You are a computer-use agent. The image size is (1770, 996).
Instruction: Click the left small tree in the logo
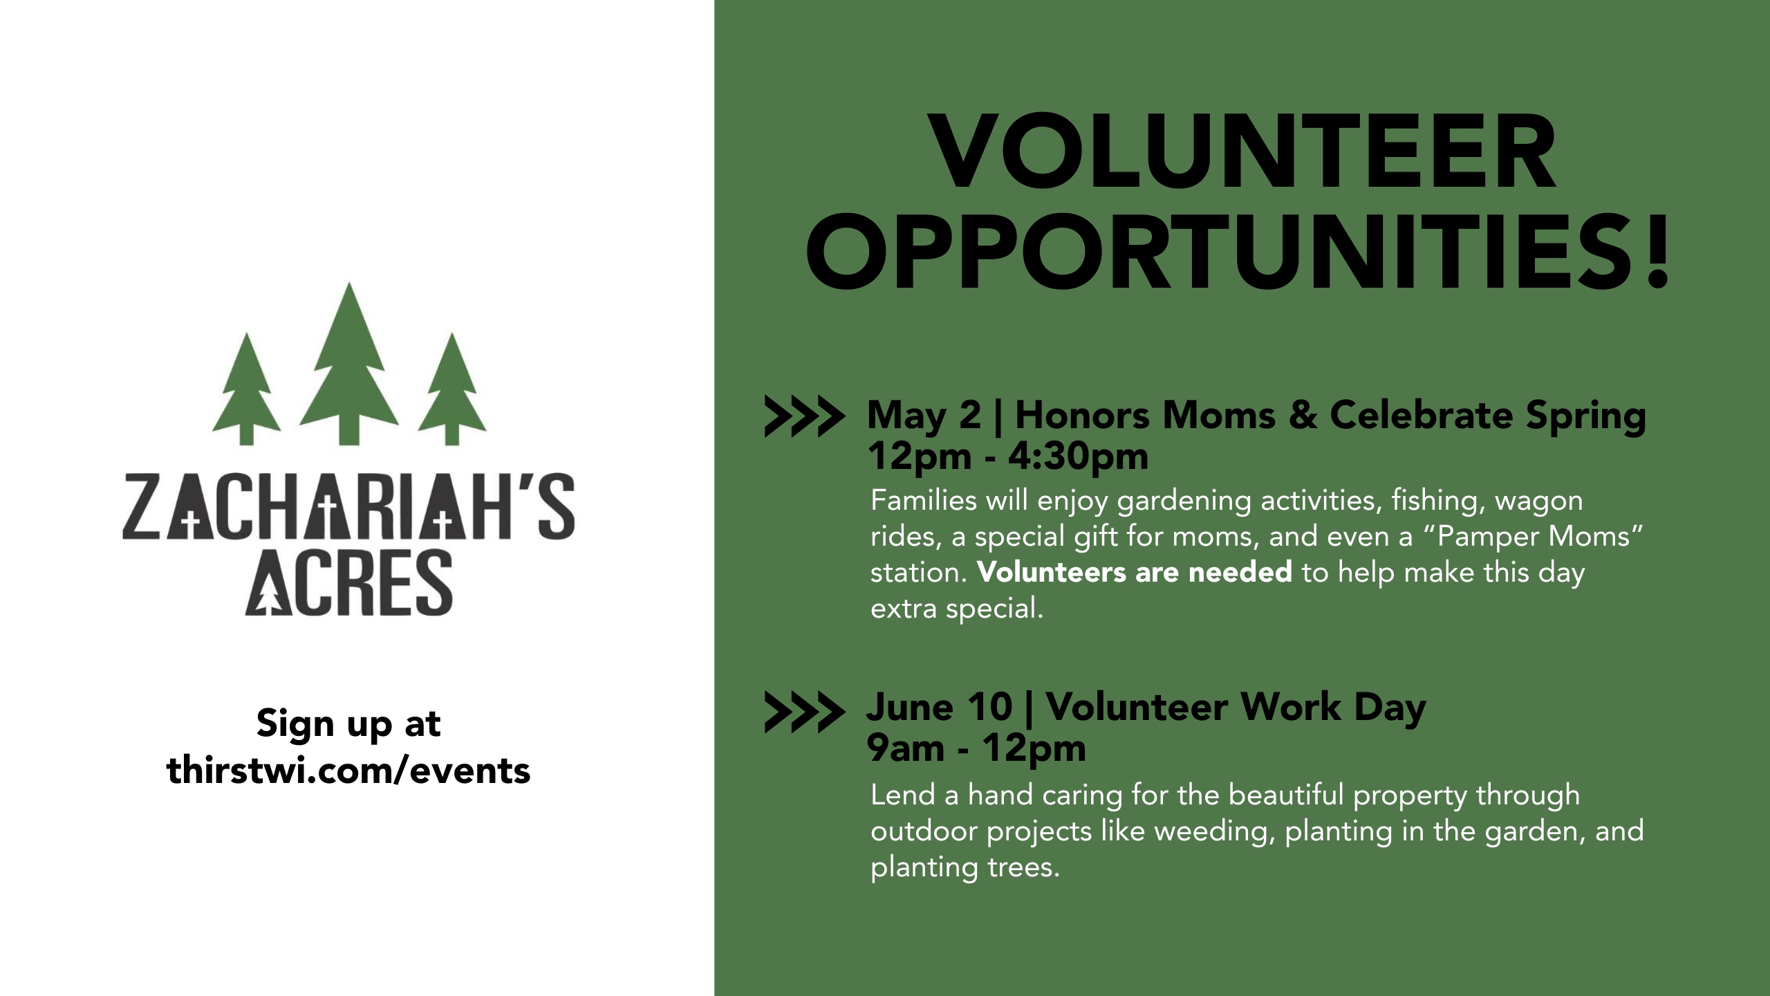tap(246, 391)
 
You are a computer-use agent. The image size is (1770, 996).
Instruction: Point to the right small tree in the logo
tap(452, 391)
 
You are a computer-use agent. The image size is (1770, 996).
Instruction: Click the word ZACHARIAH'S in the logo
tap(348, 508)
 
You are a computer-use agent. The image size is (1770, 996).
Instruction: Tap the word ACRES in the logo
tap(348, 583)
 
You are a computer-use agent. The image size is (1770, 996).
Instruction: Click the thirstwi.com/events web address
tap(348, 771)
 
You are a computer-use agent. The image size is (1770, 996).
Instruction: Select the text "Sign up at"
tap(348, 724)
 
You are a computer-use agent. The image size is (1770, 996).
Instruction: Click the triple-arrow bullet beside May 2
tap(804, 416)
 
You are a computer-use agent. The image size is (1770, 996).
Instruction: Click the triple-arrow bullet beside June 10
tap(804, 711)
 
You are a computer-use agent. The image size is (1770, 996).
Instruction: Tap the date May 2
tap(924, 416)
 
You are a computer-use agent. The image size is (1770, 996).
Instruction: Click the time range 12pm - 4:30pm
tap(1008, 456)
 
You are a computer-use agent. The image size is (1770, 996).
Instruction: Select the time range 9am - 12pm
tap(976, 748)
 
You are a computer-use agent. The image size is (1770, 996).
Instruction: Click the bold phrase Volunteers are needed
tap(1135, 573)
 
